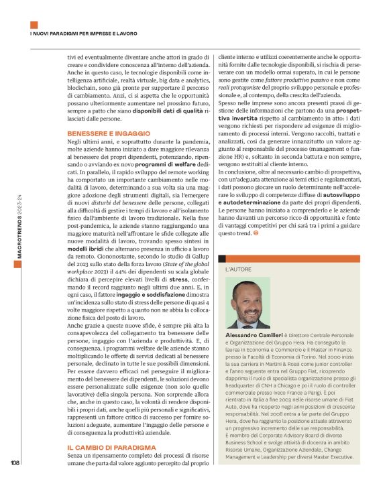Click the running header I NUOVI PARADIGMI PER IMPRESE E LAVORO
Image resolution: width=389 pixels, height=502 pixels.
coord(84,32)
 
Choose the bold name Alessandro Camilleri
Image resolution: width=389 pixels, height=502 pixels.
coord(252,333)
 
